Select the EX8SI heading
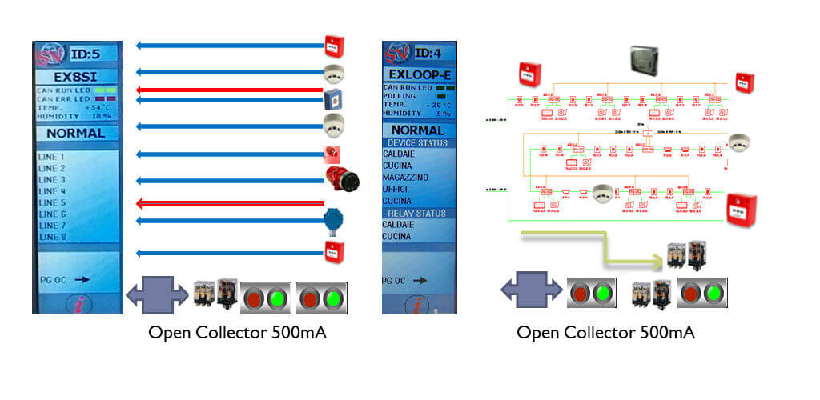pyautogui.click(x=75, y=78)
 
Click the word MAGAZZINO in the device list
pyautogui.click(x=405, y=176)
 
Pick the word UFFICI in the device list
pyautogui.click(x=397, y=188)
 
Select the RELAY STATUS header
pyautogui.click(x=416, y=214)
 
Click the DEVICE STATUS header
pyautogui.click(x=420, y=142)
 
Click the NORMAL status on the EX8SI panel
pyautogui.click(x=75, y=134)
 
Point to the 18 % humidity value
pyautogui.click(x=99, y=116)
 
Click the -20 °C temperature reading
pyautogui.click(x=438, y=105)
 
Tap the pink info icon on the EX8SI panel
pyautogui.click(x=78, y=303)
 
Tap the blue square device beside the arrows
pyautogui.click(x=332, y=99)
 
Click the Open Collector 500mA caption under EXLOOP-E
pyautogui.click(x=605, y=333)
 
